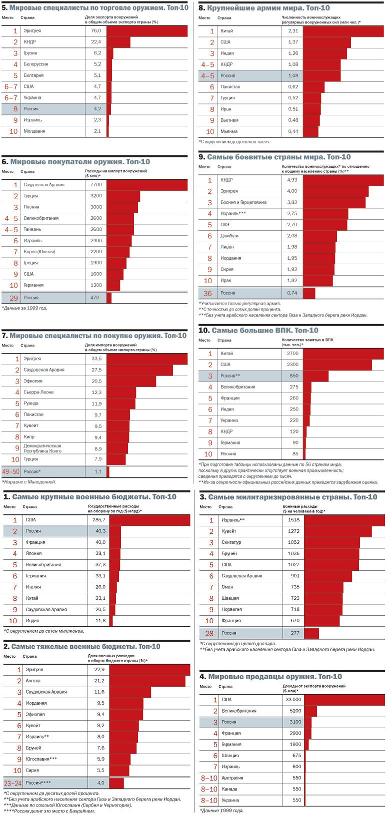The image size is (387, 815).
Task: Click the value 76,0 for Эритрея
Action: [x=96, y=31]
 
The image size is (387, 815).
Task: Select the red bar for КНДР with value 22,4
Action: [x=118, y=42]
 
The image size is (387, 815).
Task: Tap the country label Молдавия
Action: [x=34, y=131]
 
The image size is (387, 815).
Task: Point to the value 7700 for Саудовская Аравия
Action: [x=96, y=185]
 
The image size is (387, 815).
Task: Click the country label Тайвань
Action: [x=32, y=229]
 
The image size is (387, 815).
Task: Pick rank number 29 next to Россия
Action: [x=13, y=298]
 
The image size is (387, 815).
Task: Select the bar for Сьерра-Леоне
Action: [x=121, y=393]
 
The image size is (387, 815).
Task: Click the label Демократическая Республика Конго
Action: [x=42, y=448]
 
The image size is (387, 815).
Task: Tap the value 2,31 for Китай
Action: [x=293, y=31]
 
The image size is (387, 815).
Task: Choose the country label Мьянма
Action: [x=228, y=131]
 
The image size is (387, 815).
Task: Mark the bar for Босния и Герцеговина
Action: [x=334, y=202]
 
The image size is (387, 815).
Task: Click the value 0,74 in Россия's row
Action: [x=292, y=293]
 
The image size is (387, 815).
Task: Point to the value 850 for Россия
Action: [x=294, y=376]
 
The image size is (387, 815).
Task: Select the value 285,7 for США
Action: [x=100, y=520]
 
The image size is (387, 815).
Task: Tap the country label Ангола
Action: [x=33, y=681]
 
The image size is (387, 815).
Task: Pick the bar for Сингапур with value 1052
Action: [x=332, y=542]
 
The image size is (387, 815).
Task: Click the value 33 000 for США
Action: [x=293, y=700]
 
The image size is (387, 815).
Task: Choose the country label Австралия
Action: [x=232, y=778]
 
